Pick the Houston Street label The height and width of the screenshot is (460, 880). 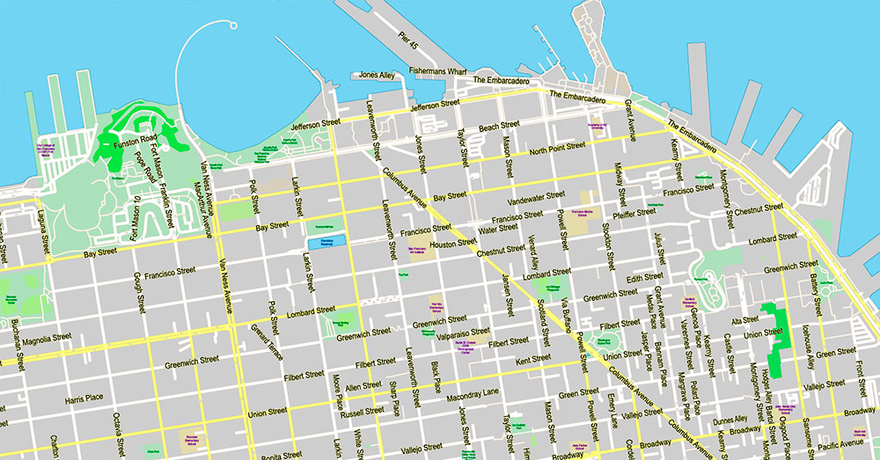coord(453,243)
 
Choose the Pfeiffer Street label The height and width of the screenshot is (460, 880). coord(634,212)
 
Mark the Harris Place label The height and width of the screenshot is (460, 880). coord(84,400)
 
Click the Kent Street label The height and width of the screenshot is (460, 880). coord(533,358)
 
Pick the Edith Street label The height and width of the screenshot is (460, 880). coord(645,277)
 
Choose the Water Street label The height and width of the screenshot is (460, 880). coord(497,230)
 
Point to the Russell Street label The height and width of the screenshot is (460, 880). coord(363,411)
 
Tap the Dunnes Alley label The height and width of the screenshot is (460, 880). coord(729,419)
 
